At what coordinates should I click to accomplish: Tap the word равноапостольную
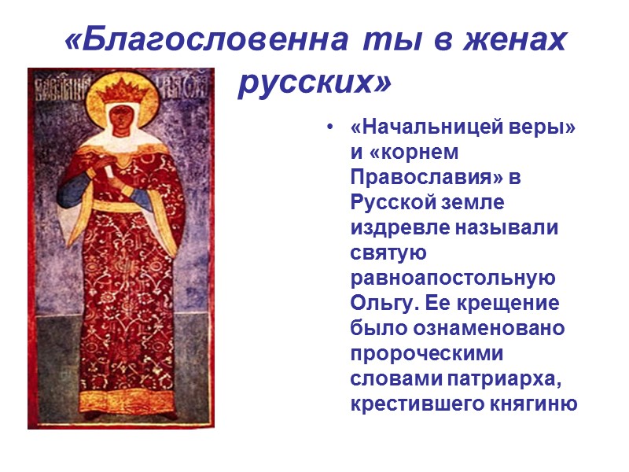[453, 278]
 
